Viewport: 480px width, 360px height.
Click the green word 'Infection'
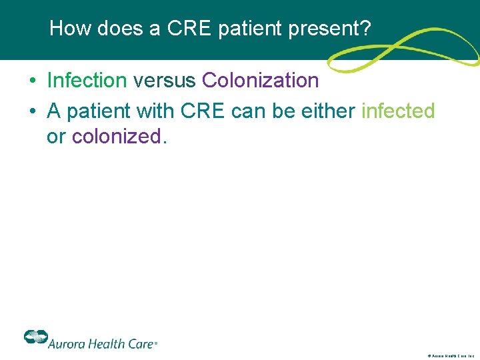click(87, 81)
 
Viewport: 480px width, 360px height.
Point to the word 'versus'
click(164, 81)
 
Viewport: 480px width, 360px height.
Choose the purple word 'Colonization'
click(260, 81)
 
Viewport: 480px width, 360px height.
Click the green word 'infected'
click(398, 110)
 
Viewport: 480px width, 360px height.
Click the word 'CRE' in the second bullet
click(204, 110)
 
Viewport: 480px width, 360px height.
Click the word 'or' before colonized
click(55, 137)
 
